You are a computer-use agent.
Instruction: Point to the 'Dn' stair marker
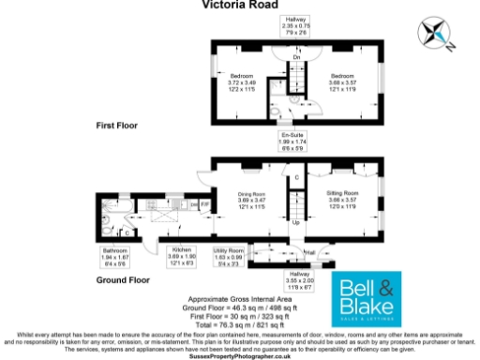[x=295, y=57]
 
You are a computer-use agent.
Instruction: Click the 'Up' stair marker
[x=297, y=223]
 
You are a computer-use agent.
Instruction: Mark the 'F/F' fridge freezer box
[x=204, y=204]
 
